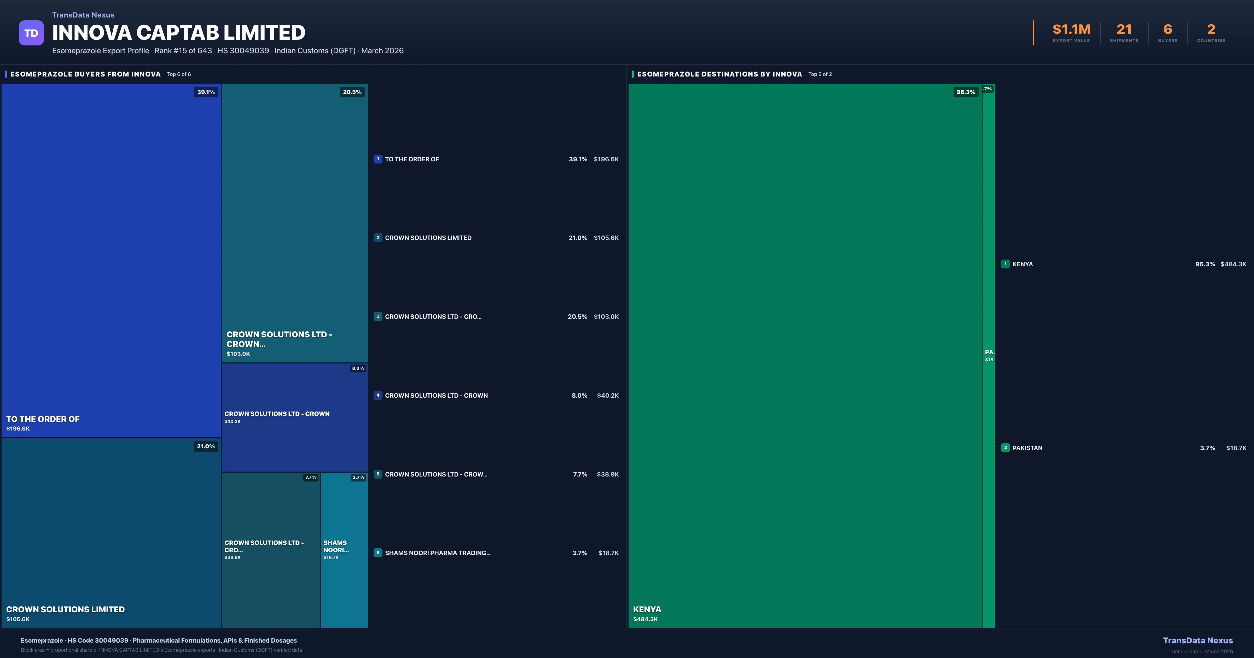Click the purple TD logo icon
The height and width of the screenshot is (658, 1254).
point(31,33)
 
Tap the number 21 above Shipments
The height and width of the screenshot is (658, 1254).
point(1124,30)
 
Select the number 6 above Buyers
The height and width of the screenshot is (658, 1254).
point(1167,30)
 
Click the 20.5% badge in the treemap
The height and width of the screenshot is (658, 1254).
point(352,92)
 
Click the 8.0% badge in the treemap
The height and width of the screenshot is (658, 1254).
point(358,368)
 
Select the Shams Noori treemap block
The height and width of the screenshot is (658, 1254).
point(344,550)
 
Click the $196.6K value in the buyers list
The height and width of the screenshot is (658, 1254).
point(606,159)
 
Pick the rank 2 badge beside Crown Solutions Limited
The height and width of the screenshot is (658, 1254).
point(378,238)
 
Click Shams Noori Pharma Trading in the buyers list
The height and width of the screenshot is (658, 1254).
point(438,553)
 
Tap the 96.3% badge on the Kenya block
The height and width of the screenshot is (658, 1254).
point(965,92)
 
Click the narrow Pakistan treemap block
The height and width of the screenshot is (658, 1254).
point(989,355)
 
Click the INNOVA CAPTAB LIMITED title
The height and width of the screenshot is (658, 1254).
point(179,33)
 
